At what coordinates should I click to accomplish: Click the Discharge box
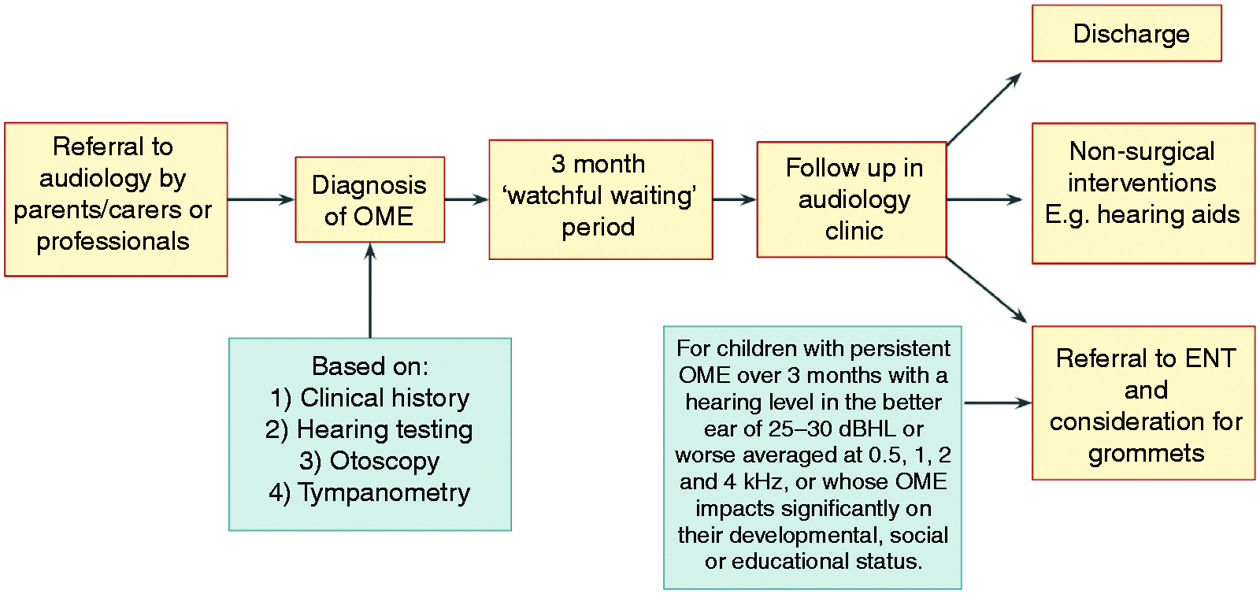click(1127, 33)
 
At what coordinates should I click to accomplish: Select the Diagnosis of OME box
click(369, 199)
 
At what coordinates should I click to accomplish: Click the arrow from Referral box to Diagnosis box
click(261, 199)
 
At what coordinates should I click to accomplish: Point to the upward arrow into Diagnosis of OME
click(370, 290)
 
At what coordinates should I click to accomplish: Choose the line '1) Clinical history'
click(369, 398)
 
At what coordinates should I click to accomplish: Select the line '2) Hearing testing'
click(369, 430)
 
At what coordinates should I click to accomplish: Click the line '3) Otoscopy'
click(369, 461)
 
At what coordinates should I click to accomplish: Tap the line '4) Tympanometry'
click(369, 492)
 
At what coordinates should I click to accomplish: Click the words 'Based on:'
click(369, 366)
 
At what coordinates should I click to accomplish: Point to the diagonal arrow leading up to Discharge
click(984, 109)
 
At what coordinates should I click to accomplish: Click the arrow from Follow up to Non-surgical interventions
click(984, 199)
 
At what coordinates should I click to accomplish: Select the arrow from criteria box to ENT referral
click(997, 403)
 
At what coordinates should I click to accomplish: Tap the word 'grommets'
click(1146, 453)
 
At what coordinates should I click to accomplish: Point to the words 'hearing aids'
click(1169, 215)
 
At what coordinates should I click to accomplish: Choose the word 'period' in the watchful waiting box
click(598, 228)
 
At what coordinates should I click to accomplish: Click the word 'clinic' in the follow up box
click(854, 231)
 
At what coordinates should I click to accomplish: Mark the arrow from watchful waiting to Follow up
click(735, 199)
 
